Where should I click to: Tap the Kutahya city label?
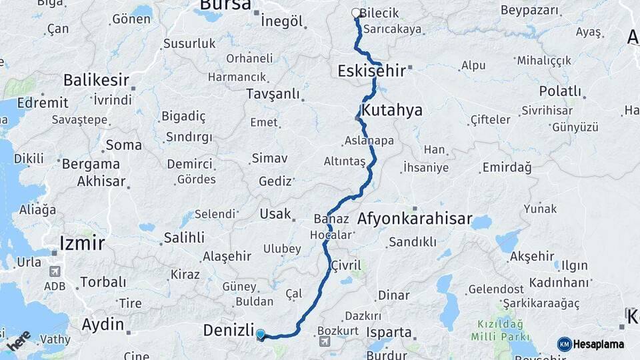coord(392,110)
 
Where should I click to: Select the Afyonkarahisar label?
coord(415,219)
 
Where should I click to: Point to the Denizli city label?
coord(229,331)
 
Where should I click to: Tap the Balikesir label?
coord(96,80)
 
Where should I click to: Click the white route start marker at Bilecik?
coord(356,13)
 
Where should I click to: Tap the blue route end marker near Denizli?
coord(260,335)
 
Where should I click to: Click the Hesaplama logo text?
coord(598,344)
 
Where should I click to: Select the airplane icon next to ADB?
coord(55,271)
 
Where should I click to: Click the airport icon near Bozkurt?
coord(325,341)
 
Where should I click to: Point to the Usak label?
coord(275,213)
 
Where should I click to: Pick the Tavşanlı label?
coord(273,94)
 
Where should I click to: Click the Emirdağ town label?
coord(507,167)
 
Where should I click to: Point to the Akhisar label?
coord(101,181)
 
